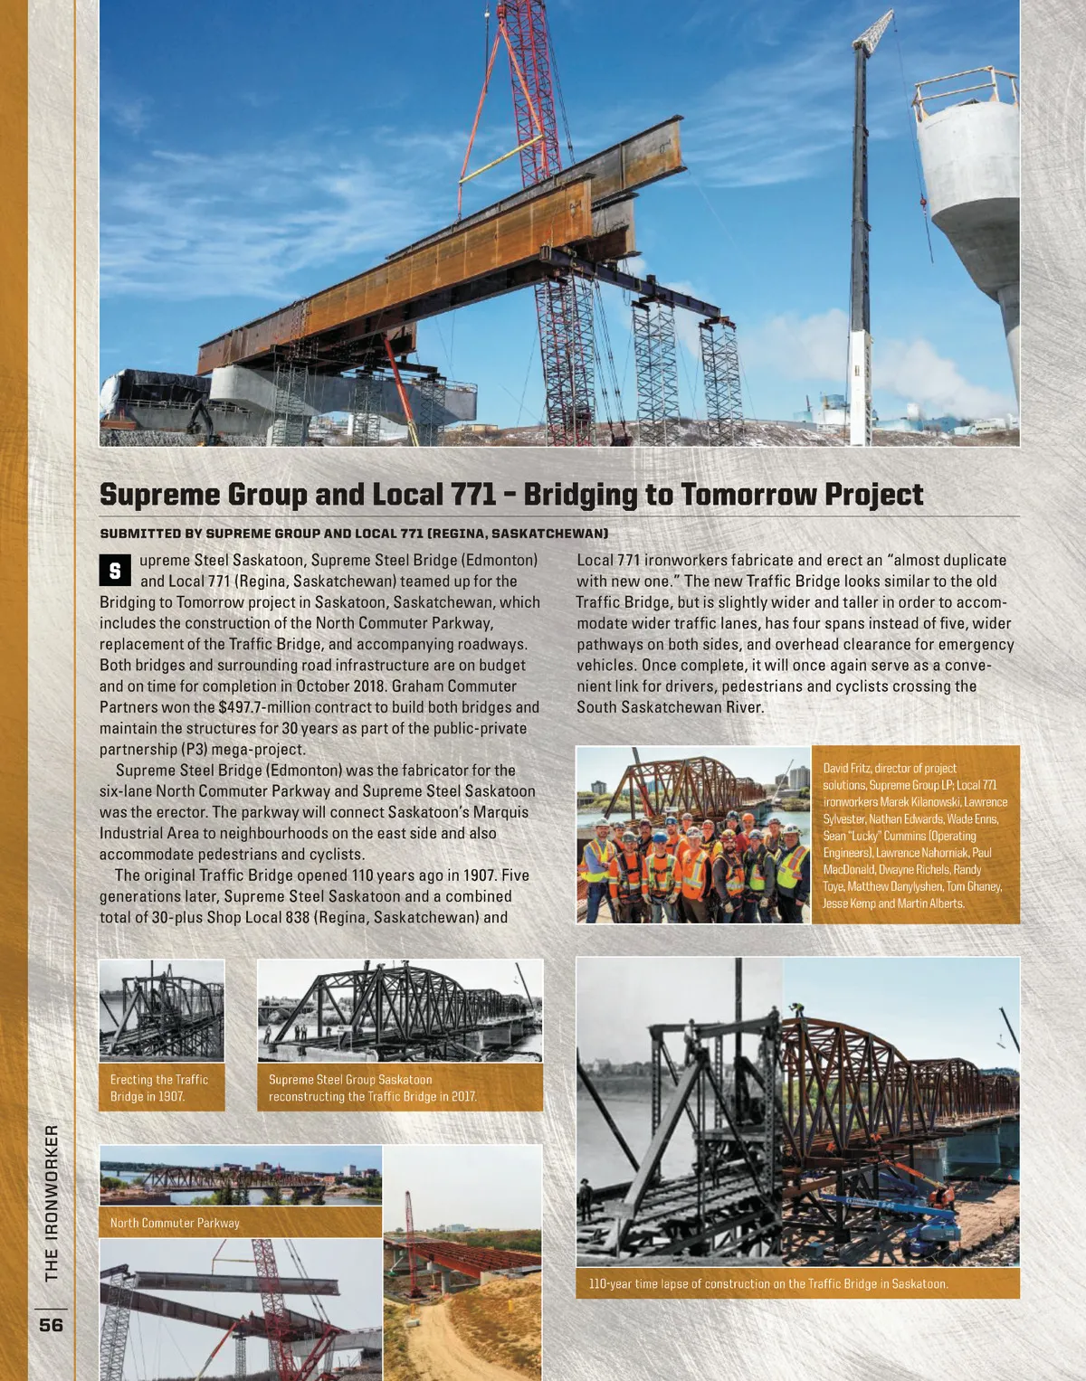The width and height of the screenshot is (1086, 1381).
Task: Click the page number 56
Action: pos(51,1325)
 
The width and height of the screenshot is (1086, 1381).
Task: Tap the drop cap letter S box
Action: pos(115,571)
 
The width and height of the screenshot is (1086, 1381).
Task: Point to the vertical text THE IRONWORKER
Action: pos(52,1203)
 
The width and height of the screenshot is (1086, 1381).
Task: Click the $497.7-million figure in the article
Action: pos(264,707)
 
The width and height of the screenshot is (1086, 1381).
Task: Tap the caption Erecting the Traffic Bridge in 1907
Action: pos(159,1088)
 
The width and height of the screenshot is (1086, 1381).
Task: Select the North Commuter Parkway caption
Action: pos(175,1223)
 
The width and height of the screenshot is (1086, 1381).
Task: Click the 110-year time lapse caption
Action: pos(767,1283)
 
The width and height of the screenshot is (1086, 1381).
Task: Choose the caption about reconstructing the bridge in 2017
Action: pos(372,1088)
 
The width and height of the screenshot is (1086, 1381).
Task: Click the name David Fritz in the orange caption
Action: pos(846,769)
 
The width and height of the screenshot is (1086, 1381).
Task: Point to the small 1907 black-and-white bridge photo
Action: pos(161,1010)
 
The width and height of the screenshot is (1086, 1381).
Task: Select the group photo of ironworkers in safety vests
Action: pos(693,835)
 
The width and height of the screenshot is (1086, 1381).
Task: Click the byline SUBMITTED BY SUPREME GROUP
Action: pos(353,534)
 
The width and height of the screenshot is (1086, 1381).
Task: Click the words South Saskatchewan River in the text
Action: pos(670,707)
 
